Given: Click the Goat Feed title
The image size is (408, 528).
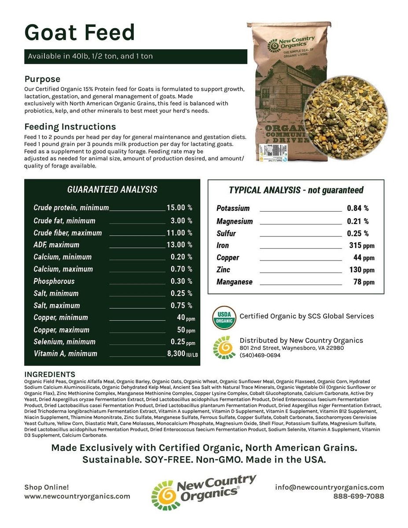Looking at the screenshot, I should click(x=80, y=33).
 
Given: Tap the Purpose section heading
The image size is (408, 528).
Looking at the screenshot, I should click(x=42, y=79).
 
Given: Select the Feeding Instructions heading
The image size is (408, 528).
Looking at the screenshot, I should click(x=70, y=127).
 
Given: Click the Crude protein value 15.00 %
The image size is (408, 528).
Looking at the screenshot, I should click(x=179, y=208).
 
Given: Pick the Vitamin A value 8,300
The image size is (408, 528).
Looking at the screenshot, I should click(x=176, y=353).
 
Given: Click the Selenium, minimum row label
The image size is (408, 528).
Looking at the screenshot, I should click(x=64, y=341).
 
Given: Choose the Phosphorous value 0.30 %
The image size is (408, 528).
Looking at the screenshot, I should click(x=181, y=281).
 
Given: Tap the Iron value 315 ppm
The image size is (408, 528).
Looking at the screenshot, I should click(x=360, y=246).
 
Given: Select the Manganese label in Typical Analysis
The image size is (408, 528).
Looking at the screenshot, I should click(x=234, y=282).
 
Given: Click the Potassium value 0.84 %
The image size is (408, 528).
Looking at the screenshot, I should click(x=357, y=208).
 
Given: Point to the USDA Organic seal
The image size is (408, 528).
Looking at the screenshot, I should click(x=224, y=318).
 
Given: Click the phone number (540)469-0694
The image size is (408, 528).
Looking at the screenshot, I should click(x=260, y=356).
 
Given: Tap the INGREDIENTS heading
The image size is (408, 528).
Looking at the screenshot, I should click(x=50, y=374).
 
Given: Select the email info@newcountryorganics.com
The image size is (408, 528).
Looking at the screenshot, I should click(x=330, y=487).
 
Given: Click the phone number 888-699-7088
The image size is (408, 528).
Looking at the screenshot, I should click(x=358, y=496).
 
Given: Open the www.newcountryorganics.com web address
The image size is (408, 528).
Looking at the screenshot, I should click(x=77, y=496).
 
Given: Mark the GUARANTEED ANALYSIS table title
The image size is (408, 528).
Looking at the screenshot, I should click(x=112, y=190).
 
